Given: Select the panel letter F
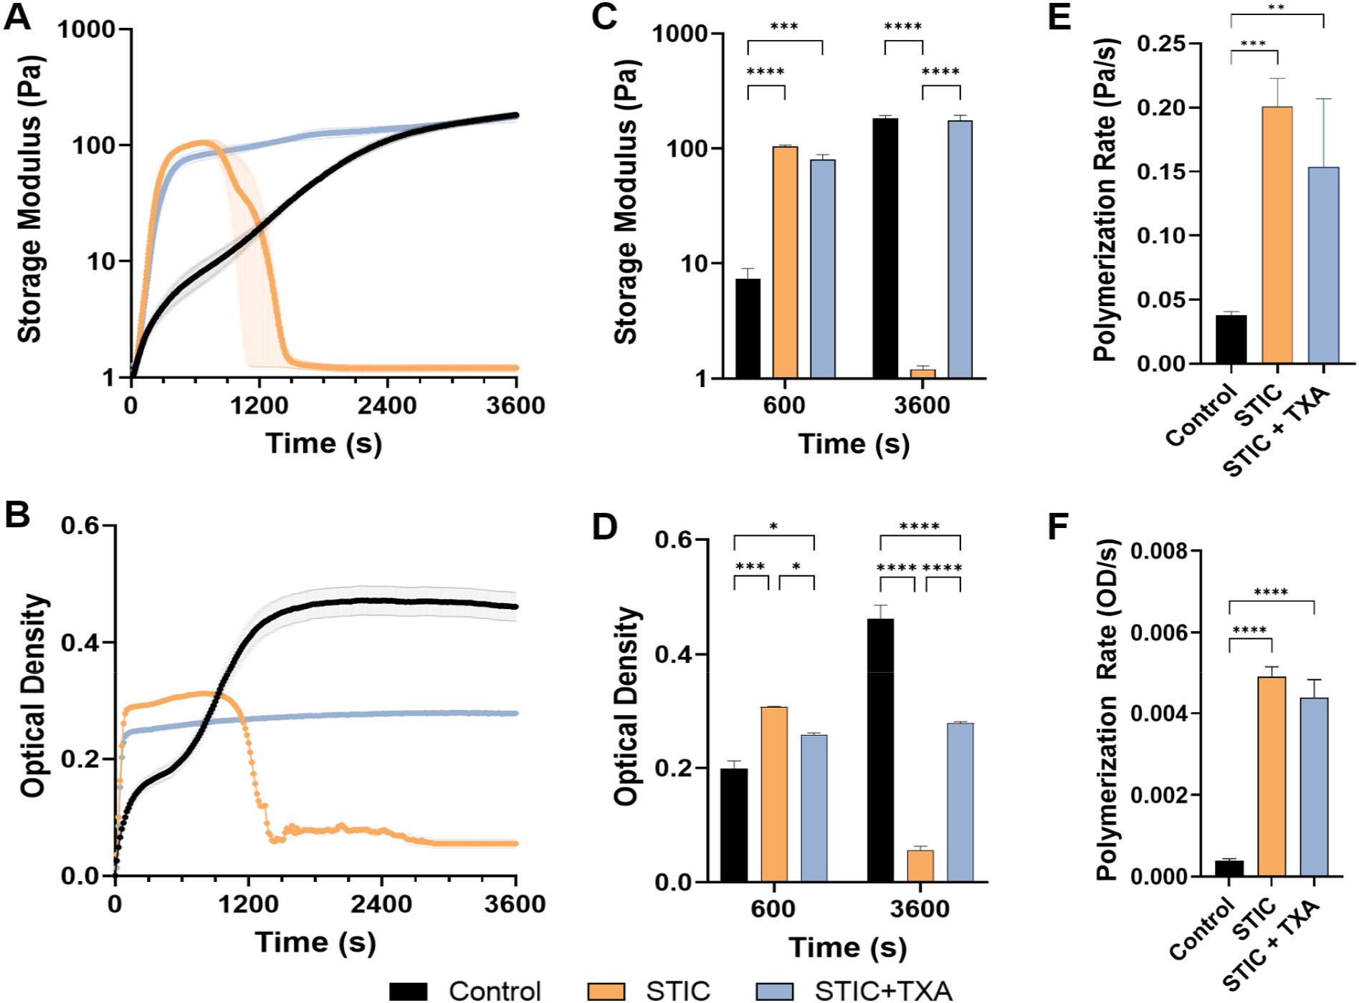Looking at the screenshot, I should pyautogui.click(x=1059, y=529).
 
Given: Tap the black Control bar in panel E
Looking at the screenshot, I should pyautogui.click(x=1231, y=339).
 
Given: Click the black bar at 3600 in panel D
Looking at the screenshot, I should pyautogui.click(x=881, y=750).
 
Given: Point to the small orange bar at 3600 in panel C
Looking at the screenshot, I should pyautogui.click(x=922, y=373).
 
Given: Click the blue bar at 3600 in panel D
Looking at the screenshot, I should pyautogui.click(x=960, y=802).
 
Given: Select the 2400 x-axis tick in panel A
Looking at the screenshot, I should pyautogui.click(x=387, y=405).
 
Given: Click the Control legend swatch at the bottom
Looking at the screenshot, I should pyautogui.click(x=408, y=992).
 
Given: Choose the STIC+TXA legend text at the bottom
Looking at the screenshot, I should pyautogui.click(x=884, y=992).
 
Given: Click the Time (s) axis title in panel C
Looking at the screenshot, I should pyautogui.click(x=853, y=444).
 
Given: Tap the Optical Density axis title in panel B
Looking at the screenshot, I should pyautogui.click(x=34, y=696).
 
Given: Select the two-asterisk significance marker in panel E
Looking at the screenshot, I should pyautogui.click(x=1277, y=9).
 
